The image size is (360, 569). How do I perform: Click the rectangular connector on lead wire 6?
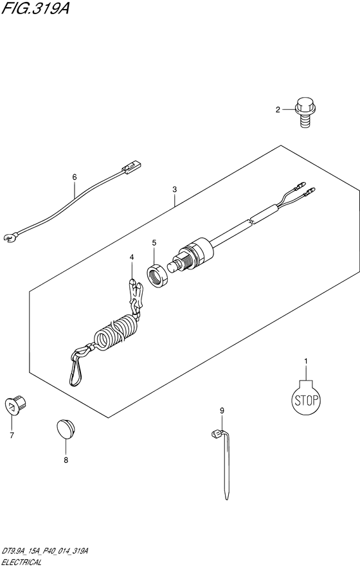131,167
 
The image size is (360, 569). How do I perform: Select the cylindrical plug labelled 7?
17,404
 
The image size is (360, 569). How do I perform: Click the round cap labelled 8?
66,429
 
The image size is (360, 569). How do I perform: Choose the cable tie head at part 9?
217,433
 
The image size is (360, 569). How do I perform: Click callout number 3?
175,189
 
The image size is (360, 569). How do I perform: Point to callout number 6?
75,177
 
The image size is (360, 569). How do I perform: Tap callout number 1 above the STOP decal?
305,361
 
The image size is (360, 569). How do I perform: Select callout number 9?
222,411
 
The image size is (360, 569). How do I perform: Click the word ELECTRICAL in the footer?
21,563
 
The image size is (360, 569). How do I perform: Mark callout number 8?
66,460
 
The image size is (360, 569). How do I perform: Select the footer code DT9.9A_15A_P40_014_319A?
44,552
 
